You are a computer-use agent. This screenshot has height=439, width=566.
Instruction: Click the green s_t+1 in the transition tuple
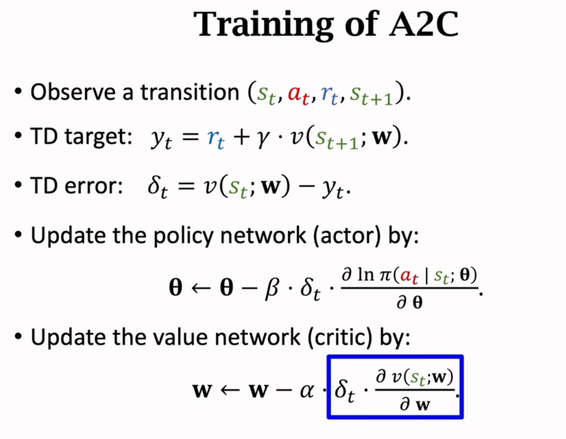[x=371, y=95]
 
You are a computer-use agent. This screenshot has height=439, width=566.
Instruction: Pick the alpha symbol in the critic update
[x=306, y=389]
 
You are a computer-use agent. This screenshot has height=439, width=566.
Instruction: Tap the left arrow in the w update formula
[x=230, y=389]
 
